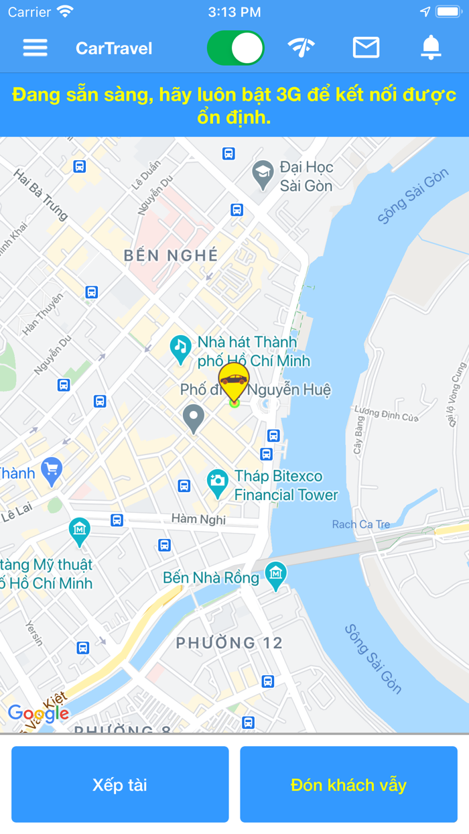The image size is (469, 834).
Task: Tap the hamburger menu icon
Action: coord(35,48)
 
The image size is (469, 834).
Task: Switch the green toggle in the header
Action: coord(236,48)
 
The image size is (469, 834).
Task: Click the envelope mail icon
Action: coord(366,48)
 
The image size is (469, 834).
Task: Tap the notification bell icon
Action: coord(431,48)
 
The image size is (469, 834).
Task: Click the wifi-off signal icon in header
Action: coord(301,48)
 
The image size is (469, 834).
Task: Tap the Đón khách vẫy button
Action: coord(348,784)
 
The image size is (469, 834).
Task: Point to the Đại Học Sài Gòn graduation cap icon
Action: coord(263,174)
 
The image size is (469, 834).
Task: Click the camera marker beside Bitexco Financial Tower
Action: coord(217,482)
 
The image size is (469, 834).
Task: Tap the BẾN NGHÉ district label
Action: coord(172,255)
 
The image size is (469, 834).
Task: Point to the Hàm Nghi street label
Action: coord(198,519)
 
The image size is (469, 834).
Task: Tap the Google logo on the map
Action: coord(38,714)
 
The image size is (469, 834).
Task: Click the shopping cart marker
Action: coord(52,471)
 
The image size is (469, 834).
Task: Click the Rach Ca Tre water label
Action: coord(360,524)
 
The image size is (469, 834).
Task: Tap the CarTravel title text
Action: coord(114,48)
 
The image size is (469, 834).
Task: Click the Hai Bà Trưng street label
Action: coord(41,194)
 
